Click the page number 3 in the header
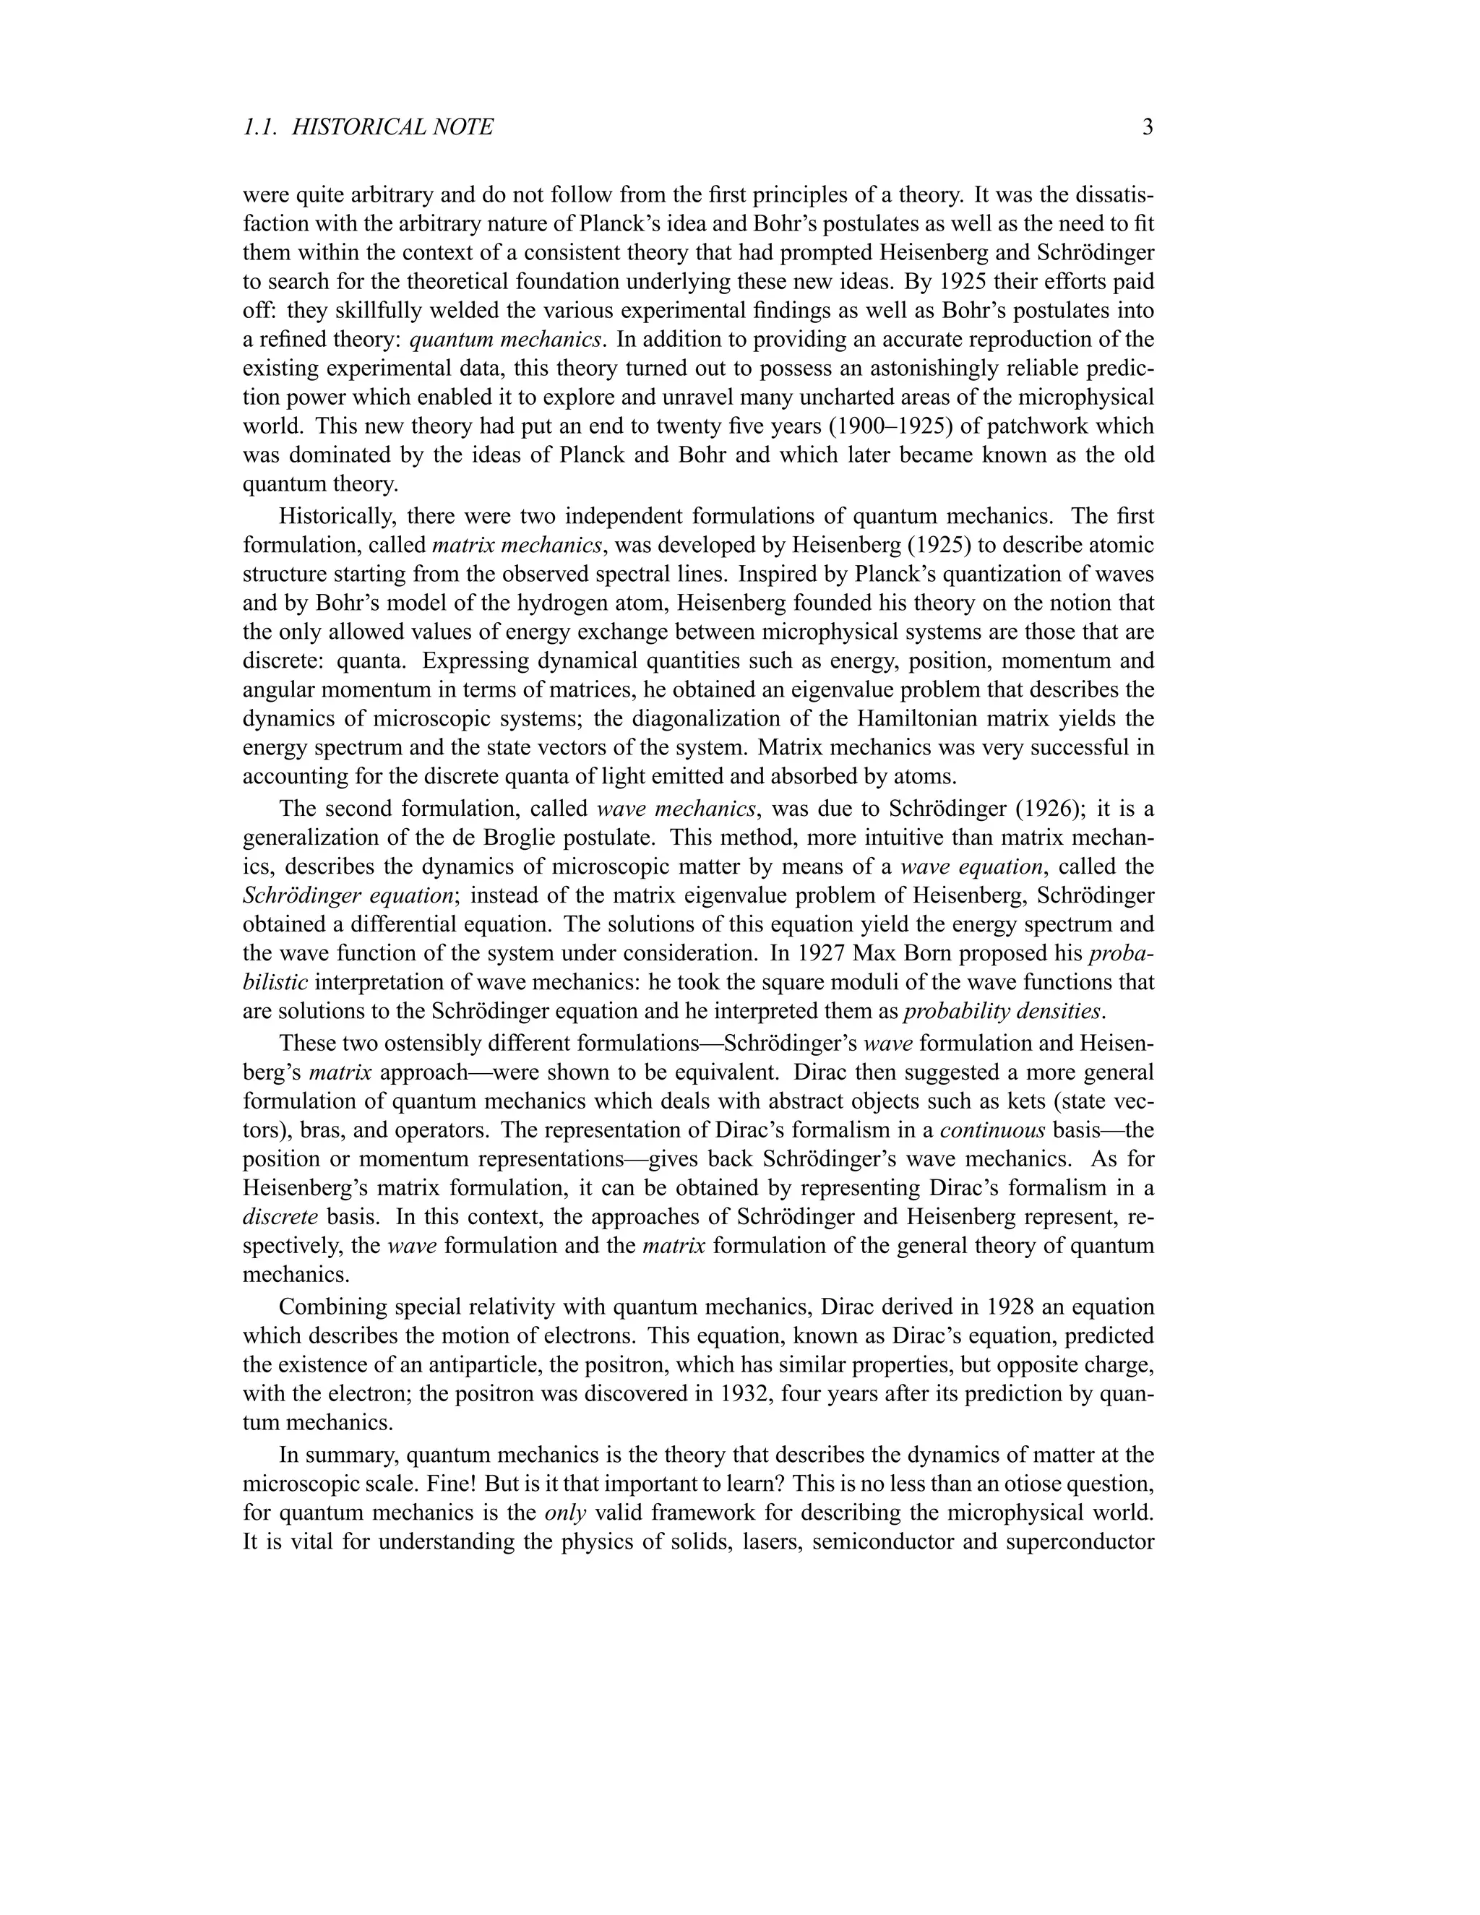click(x=1147, y=128)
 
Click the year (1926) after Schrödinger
click(x=1039, y=808)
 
